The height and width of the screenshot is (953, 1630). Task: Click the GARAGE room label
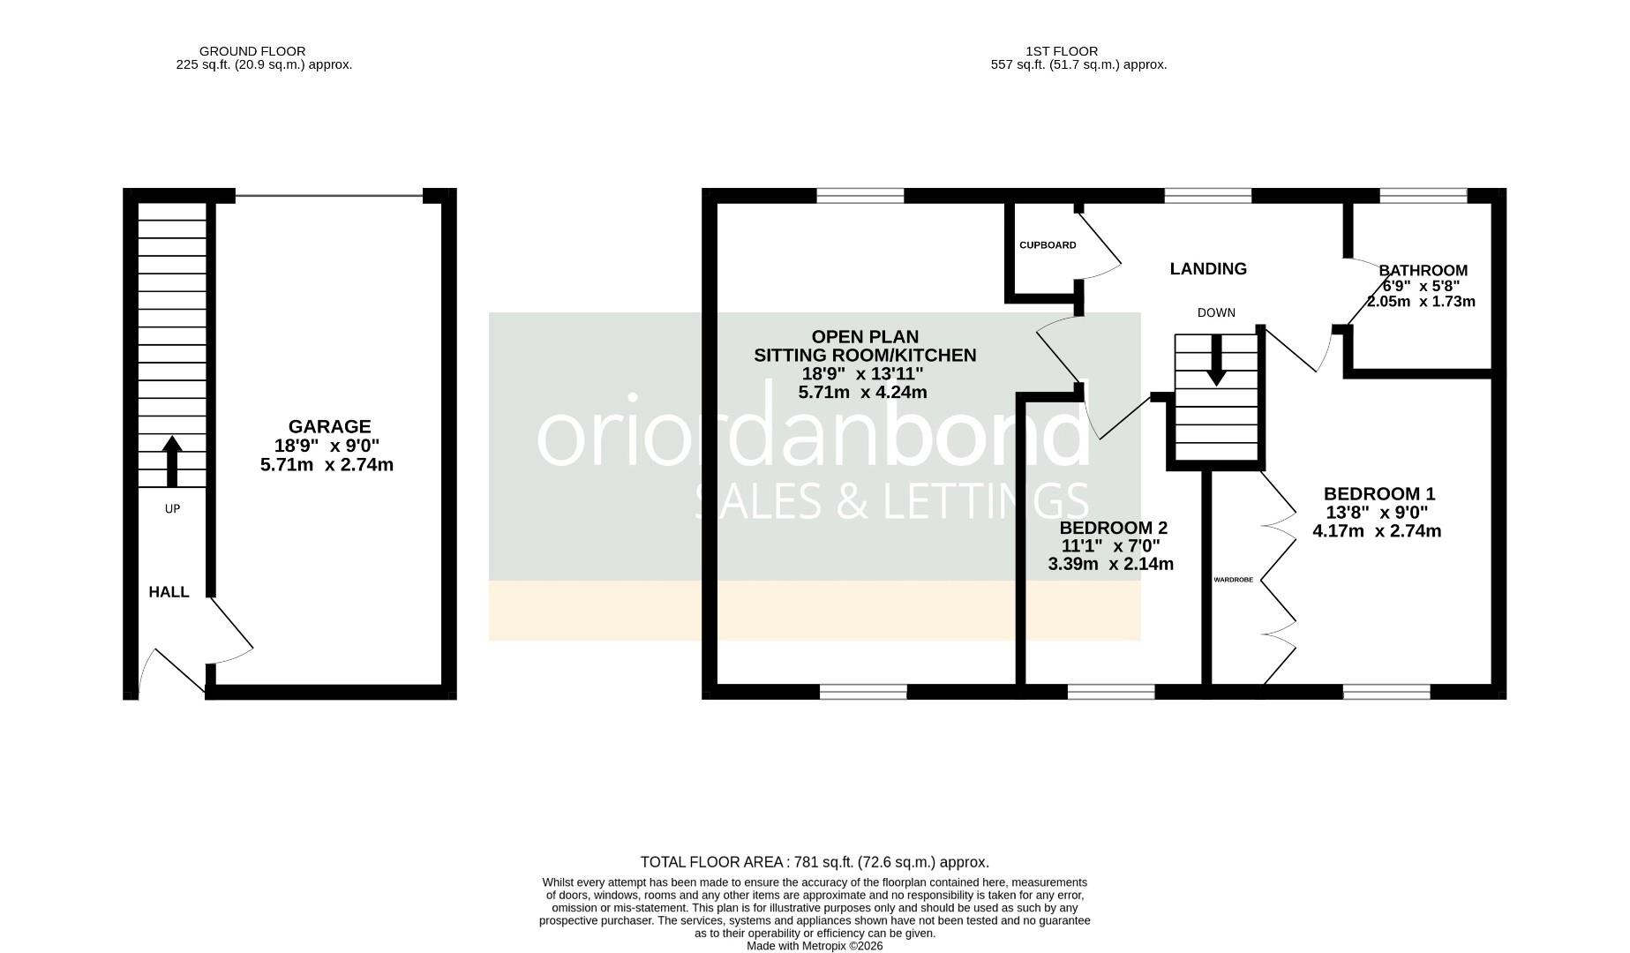point(329,426)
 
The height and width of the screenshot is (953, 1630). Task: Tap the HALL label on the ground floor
point(169,592)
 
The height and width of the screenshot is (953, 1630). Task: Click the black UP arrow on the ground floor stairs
point(172,461)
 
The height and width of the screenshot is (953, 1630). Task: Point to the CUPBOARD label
point(1048,245)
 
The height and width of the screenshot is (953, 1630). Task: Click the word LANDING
point(1208,269)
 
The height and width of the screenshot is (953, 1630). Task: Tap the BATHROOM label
point(1423,271)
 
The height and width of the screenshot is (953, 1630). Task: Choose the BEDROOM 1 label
point(1378,494)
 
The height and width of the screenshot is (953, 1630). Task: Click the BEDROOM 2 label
point(1113,528)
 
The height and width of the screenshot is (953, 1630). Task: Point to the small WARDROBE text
point(1233,580)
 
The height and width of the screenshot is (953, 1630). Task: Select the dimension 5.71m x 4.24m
point(862,392)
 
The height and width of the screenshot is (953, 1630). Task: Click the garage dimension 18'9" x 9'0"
point(327,446)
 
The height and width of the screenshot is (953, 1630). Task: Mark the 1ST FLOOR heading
point(1062,51)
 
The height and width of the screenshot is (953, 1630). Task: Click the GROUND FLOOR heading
point(252,51)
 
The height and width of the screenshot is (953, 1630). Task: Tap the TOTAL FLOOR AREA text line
point(814,862)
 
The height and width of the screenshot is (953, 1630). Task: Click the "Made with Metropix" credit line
point(814,946)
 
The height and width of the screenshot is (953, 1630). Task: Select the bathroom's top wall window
point(1423,196)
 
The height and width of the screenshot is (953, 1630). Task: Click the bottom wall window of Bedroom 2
point(1110,692)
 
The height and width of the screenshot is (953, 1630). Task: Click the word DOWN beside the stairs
point(1216,312)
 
